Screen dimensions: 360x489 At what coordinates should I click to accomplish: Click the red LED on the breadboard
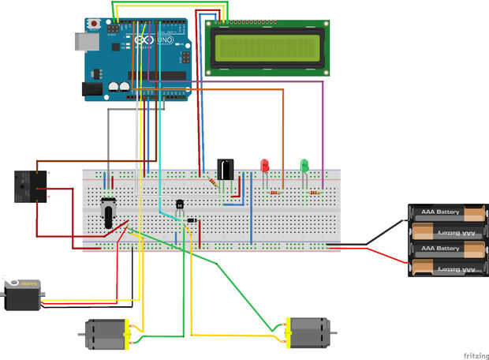(x=265, y=166)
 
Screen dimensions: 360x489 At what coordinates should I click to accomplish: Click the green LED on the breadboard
(x=304, y=166)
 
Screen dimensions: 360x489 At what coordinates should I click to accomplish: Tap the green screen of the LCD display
(x=267, y=47)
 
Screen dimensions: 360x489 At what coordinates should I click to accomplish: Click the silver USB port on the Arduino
(x=83, y=42)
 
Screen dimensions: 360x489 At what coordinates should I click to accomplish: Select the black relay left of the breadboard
(x=32, y=186)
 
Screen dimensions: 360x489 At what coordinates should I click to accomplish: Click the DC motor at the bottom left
(x=105, y=334)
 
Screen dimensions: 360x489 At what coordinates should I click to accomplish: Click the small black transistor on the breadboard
(x=181, y=206)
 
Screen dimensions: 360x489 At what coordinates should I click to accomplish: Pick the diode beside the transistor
(x=191, y=219)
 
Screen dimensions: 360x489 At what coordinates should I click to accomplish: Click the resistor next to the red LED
(x=274, y=193)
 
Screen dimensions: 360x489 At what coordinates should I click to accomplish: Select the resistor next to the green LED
(x=314, y=192)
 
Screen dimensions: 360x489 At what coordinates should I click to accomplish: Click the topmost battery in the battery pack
(x=446, y=213)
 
